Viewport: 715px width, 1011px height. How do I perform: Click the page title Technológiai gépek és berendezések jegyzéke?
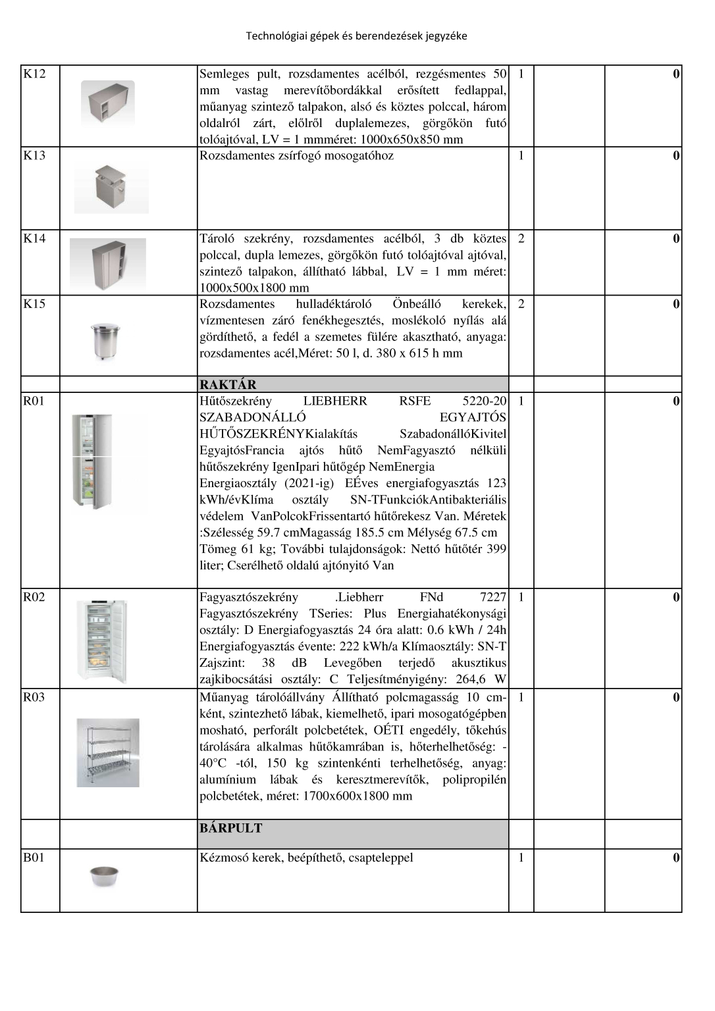pos(356,36)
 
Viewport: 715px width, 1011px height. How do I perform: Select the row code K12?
pos(34,74)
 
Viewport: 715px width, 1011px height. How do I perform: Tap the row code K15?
pos(34,304)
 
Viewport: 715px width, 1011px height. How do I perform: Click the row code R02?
pos(34,598)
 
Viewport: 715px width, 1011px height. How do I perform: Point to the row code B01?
pos(34,858)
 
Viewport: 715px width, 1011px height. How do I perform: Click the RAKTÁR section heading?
pos(228,384)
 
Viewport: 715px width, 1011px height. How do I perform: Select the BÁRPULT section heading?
pos(231,828)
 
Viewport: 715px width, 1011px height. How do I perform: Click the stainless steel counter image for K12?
pos(108,103)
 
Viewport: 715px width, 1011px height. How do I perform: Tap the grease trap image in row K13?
pos(111,188)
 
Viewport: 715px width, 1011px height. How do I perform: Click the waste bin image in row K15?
pos(105,341)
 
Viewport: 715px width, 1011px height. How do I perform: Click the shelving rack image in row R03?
pos(108,753)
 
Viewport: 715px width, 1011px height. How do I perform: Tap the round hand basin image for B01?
pos(104,877)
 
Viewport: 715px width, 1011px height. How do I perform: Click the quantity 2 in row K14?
pos(521,238)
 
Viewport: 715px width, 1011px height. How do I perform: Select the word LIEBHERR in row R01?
pos(335,402)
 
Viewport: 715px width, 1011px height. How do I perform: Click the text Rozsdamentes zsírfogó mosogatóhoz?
pos(296,156)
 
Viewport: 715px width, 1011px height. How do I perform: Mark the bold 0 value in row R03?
pos(675,698)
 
